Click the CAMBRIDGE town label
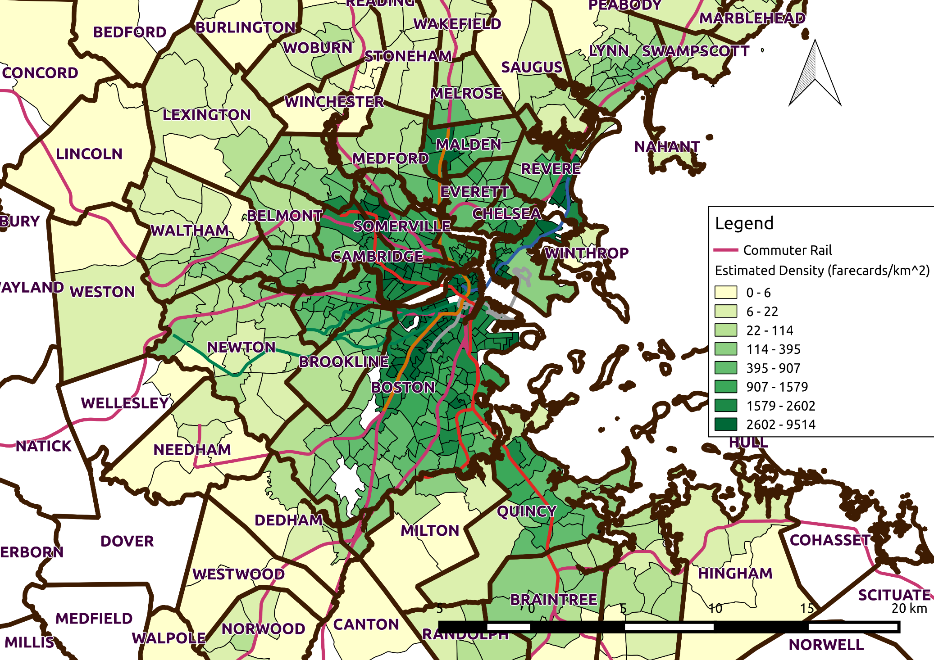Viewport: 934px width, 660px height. (x=377, y=256)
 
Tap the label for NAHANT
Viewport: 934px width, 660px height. (x=667, y=147)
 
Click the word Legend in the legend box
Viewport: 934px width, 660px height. (x=744, y=223)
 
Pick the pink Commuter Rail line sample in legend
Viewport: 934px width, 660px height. (x=726, y=250)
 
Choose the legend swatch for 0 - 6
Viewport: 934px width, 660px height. (x=725, y=292)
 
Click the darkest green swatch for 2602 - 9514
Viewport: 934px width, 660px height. (x=725, y=424)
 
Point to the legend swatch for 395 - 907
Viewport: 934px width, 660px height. (x=725, y=368)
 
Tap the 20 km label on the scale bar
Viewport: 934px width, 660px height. (x=909, y=609)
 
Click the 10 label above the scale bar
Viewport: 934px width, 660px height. (x=715, y=609)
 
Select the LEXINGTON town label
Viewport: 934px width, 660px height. (x=206, y=115)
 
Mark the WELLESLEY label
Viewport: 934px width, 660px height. (x=125, y=403)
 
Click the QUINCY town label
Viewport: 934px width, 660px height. (x=526, y=511)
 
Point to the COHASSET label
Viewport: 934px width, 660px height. (x=830, y=540)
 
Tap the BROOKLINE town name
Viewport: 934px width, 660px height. (x=344, y=362)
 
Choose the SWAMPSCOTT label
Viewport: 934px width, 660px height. (x=695, y=51)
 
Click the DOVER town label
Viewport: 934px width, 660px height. (x=127, y=541)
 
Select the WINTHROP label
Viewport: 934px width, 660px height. (x=587, y=253)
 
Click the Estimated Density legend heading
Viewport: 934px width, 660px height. (x=822, y=271)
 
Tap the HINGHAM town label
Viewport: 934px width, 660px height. (x=735, y=573)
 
